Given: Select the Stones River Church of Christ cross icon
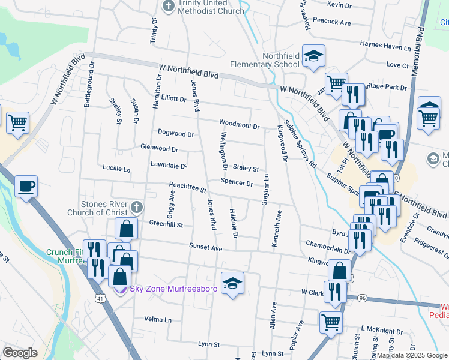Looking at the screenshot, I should tap(136, 208).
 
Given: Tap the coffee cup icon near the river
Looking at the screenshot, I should tap(25, 187).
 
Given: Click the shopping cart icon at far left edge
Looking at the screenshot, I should tap(18, 123).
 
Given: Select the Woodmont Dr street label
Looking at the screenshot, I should tap(239, 126).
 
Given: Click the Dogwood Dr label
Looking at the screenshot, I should tap(175, 133).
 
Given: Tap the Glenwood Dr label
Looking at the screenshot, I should tap(159, 148).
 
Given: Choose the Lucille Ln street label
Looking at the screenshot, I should tap(116, 169).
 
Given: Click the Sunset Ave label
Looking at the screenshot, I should tap(206, 247).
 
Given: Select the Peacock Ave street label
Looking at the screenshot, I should tap(331, 22).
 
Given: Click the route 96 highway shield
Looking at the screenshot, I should tap(362, 298).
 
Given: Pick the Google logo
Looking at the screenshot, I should tap(20, 353).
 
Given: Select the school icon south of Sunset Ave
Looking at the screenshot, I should tap(232, 284).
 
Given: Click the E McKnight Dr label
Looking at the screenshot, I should tap(382, 331).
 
